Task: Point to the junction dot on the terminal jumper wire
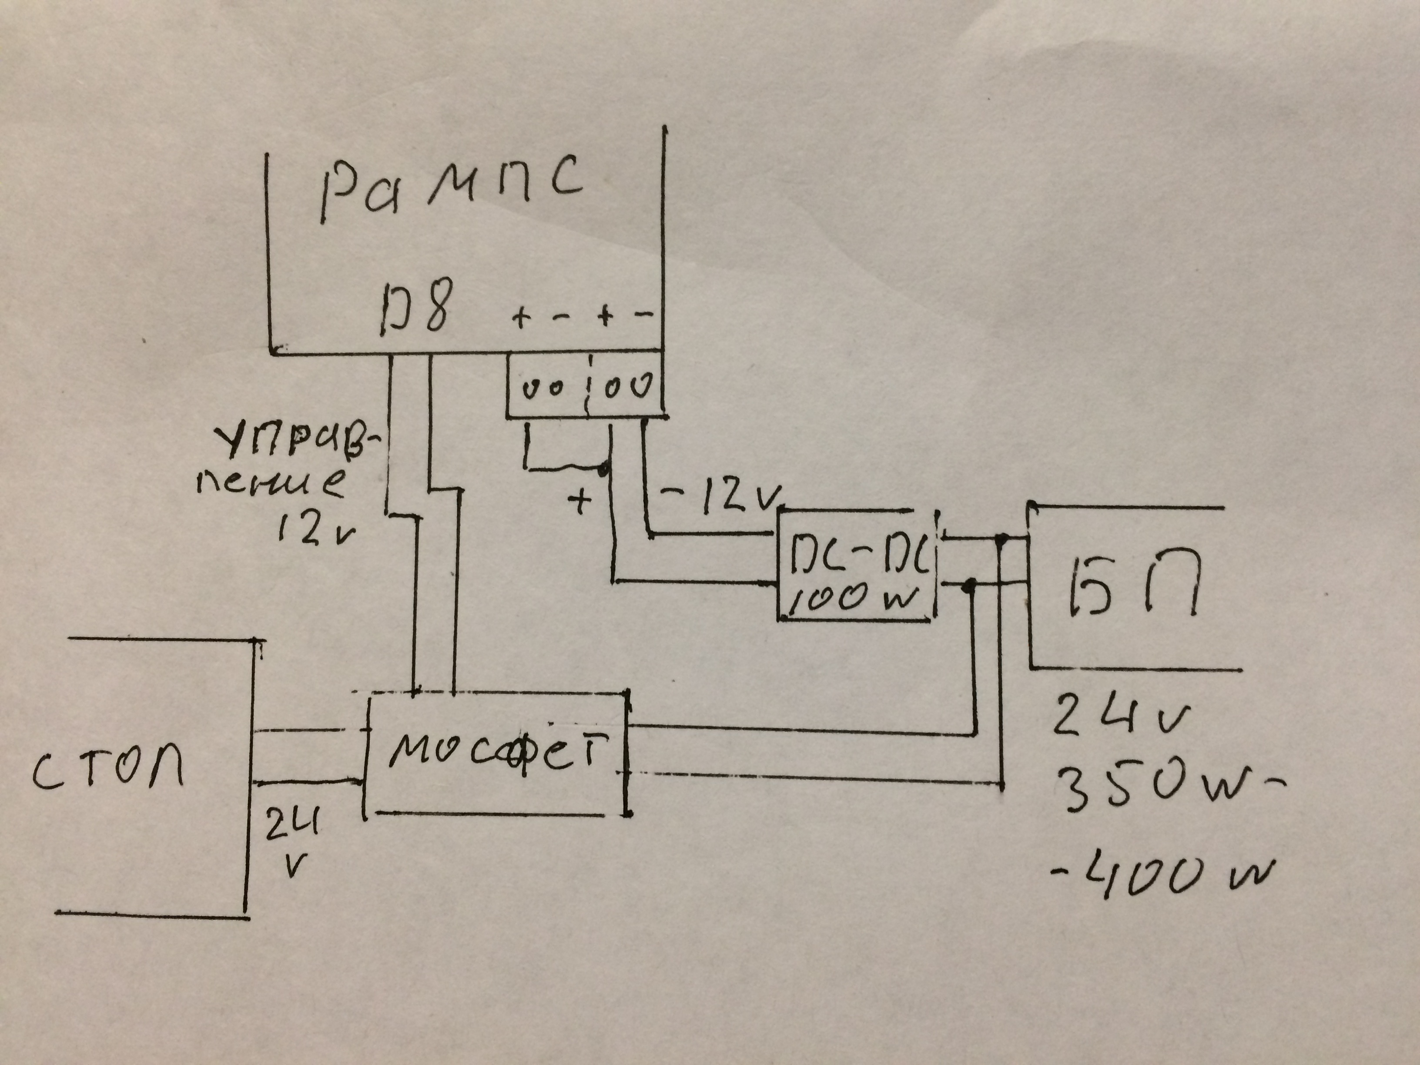click(x=603, y=471)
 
